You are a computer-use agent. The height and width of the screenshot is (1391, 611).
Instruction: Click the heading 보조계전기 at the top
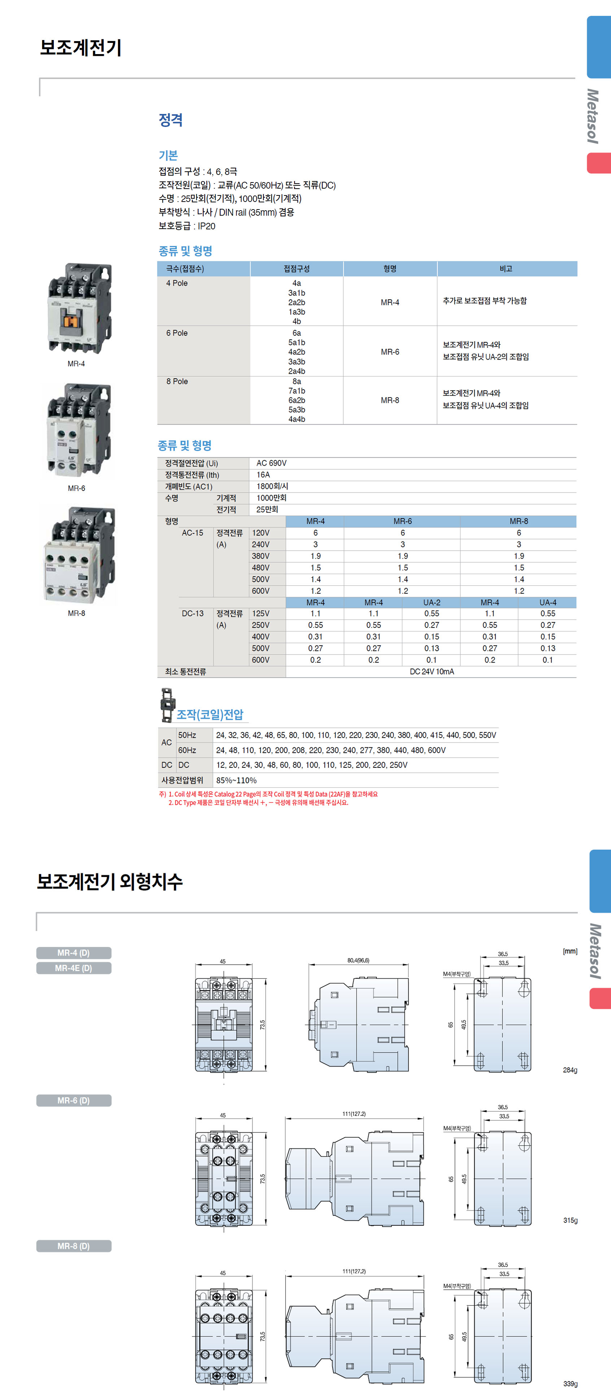pos(80,48)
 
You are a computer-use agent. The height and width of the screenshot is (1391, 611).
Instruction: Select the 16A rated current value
pos(263,475)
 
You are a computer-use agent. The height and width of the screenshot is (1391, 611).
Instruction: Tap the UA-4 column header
pos(547,603)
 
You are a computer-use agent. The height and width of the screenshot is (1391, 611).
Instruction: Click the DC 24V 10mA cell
pos(432,672)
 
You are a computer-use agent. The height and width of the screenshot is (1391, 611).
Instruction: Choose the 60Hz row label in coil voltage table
pos(187,750)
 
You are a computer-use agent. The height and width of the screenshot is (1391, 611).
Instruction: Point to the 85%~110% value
pos(236,780)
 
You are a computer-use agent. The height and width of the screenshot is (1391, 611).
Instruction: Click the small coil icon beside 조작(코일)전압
pos(167,705)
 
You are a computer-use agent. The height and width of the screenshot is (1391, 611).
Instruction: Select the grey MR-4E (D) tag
pos(74,968)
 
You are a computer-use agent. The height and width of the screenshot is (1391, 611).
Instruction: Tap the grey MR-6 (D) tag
pos(74,1100)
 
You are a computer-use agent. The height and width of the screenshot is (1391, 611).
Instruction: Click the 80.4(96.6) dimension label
pos(358,961)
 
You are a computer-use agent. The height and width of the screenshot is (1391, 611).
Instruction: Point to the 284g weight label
pos(570,1070)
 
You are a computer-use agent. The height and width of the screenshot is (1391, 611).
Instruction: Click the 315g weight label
pos(570,1220)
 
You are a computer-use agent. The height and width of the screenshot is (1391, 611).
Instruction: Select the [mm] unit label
pos(570,951)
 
